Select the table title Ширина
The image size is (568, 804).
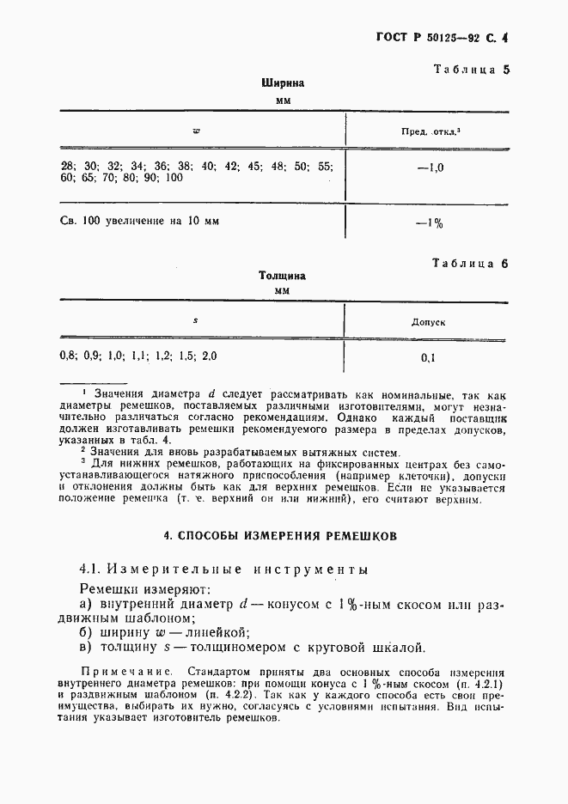coord(284,84)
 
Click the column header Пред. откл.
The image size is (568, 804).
coord(429,131)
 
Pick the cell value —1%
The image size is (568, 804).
coord(429,223)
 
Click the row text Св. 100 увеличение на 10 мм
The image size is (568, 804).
coord(139,221)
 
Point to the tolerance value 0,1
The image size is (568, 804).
coord(428,357)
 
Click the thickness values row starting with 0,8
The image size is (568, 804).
coord(137,355)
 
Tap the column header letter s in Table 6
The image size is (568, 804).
coord(195,320)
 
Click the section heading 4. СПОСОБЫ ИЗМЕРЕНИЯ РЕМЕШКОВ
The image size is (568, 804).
coord(281,536)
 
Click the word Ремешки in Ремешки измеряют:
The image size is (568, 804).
coord(107,590)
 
